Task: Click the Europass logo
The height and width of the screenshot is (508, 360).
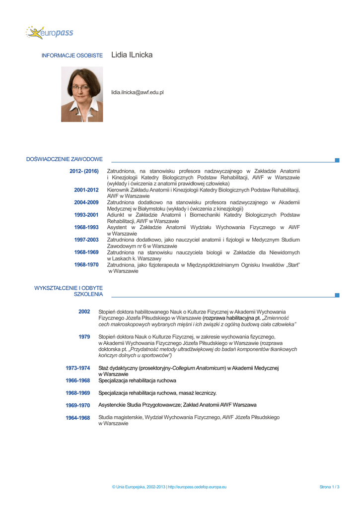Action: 50,33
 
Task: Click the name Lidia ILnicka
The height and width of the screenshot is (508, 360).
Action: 132,55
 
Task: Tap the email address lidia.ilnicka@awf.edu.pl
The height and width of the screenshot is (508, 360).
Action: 138,92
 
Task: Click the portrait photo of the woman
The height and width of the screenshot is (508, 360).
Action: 82,94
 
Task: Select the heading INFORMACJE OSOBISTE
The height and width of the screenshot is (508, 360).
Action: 72,55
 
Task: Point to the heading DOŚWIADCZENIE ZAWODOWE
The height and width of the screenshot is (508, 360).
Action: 65,159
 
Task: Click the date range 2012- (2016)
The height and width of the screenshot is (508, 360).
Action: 84,171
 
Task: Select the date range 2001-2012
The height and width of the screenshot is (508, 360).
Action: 86,190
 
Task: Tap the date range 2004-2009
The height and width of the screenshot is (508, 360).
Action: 86,202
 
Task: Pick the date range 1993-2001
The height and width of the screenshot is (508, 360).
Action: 86,215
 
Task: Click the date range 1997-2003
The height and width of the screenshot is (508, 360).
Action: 86,240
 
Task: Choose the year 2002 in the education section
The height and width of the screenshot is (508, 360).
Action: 84,312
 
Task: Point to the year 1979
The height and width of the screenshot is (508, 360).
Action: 84,337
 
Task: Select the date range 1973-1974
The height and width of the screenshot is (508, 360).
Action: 78,368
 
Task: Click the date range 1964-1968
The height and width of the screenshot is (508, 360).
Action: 78,418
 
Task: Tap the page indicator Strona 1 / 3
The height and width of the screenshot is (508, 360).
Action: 329,487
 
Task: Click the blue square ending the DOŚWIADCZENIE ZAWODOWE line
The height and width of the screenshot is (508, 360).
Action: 337,160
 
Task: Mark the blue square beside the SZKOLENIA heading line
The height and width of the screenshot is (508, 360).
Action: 337,295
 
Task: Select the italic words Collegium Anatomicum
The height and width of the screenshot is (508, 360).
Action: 199,368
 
